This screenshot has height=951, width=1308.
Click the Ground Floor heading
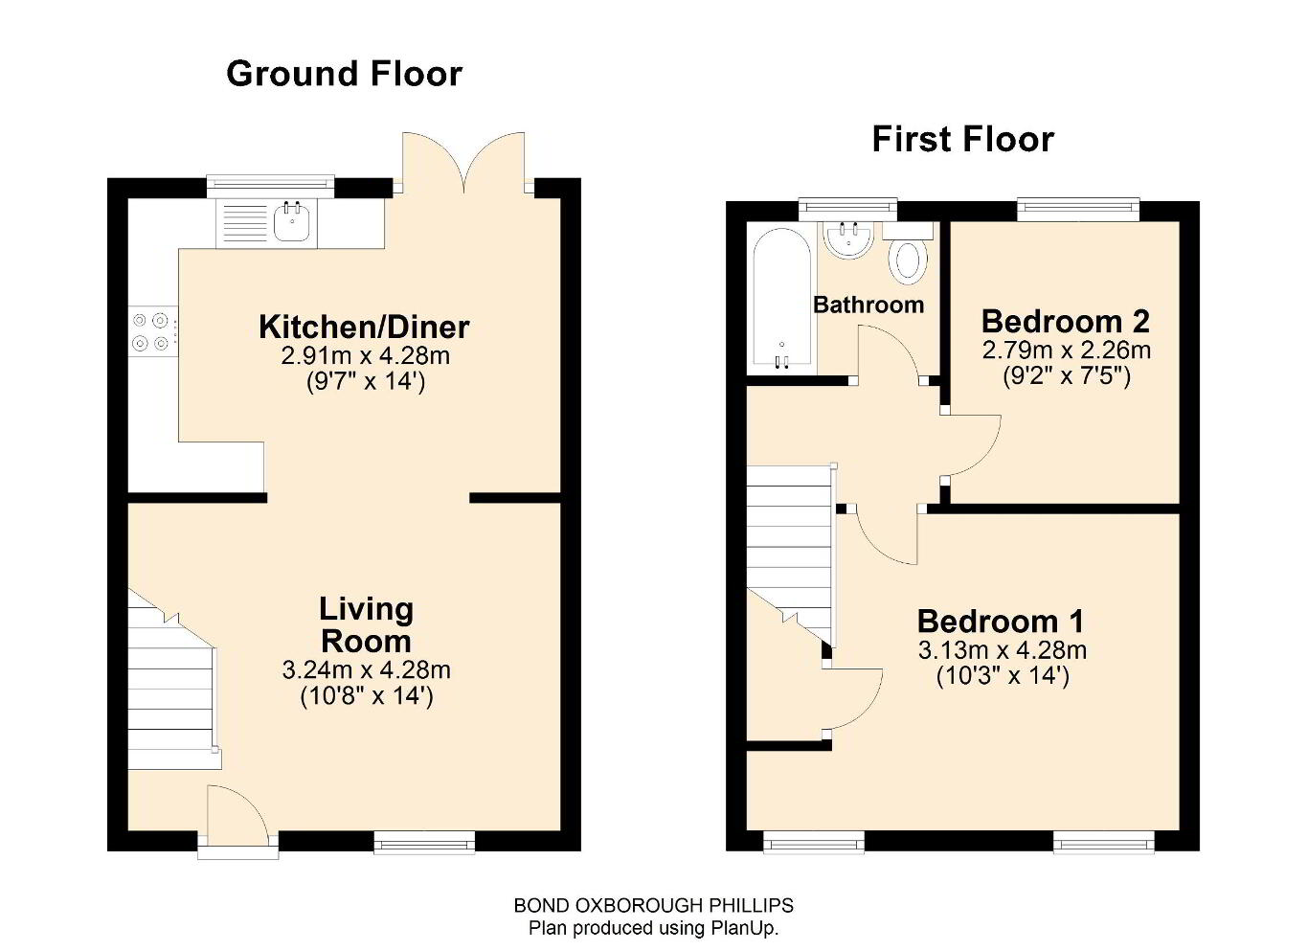tap(344, 74)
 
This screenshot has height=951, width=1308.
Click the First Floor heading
tap(963, 140)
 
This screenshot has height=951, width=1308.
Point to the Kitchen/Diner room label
tap(364, 328)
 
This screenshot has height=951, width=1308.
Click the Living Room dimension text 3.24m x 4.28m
tap(366, 670)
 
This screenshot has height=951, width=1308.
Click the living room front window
tap(424, 843)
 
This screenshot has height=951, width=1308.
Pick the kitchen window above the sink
tap(270, 187)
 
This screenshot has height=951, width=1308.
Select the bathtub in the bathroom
tap(782, 299)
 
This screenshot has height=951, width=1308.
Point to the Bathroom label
tap(868, 305)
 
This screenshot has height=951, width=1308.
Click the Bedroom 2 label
tap(1066, 321)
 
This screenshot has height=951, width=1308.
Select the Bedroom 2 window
tap(1078, 210)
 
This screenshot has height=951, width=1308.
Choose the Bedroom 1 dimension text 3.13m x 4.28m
tap(1003, 650)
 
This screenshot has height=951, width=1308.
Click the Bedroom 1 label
tap(1001, 621)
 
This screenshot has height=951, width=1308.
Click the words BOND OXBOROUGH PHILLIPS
tap(653, 905)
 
